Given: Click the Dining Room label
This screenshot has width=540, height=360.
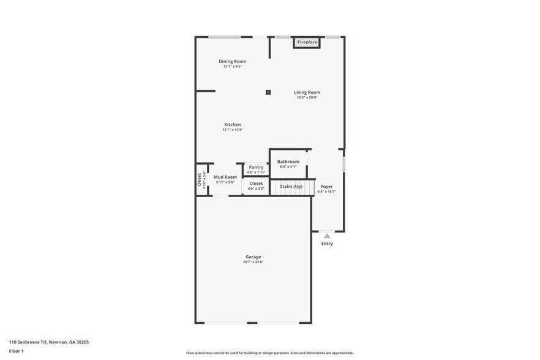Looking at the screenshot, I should (x=233, y=61).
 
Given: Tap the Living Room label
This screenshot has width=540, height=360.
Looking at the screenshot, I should (x=307, y=92).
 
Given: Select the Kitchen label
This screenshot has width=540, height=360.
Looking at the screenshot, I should (x=232, y=124).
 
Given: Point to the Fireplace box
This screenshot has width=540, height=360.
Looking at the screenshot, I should (x=307, y=42).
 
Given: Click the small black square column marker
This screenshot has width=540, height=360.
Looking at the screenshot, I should (x=268, y=92).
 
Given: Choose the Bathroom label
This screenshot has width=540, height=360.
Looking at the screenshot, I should (x=288, y=162).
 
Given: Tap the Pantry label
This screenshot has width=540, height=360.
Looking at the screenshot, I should (x=256, y=167).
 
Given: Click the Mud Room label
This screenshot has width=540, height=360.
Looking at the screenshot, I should (x=225, y=177).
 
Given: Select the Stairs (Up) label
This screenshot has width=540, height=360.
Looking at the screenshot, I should (x=291, y=186).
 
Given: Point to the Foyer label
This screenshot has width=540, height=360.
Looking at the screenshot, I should (x=326, y=186).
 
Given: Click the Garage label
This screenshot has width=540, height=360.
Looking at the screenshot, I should (x=253, y=257).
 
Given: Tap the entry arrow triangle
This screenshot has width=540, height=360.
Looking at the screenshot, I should (x=327, y=236).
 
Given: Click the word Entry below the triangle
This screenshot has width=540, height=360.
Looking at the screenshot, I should (x=327, y=244).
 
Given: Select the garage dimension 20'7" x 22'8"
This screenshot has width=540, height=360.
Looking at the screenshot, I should (x=253, y=262).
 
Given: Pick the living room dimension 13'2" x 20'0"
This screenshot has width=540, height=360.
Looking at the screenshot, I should (x=307, y=97).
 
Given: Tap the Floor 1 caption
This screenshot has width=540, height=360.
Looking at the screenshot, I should (x=16, y=351).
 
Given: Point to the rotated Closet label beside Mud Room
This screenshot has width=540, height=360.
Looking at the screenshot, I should (x=200, y=179).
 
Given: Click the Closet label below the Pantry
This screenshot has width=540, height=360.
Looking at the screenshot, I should (x=256, y=183).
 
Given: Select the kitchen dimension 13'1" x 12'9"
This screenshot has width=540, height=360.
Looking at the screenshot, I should (x=232, y=130).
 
